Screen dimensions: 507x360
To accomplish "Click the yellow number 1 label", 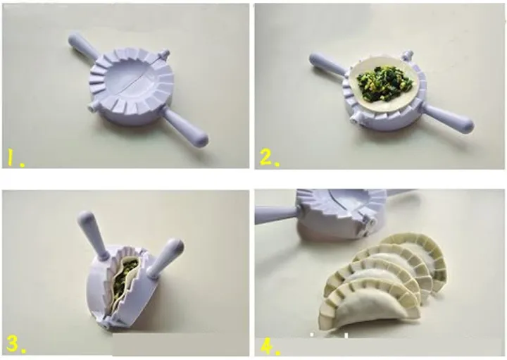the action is coord(15,159).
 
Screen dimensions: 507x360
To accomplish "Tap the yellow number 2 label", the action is coord(269,159).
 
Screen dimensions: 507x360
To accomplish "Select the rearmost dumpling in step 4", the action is coord(420,256).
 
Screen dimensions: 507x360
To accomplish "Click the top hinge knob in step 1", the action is coord(164,54).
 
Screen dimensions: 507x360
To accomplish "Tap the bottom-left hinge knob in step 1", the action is coord(92,108).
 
